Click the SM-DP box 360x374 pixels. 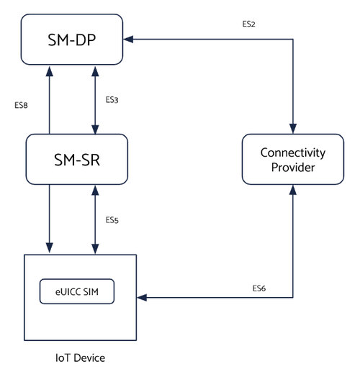click(72, 40)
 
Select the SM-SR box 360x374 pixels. click(77, 159)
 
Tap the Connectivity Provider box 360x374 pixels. click(293, 159)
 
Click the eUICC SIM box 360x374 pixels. click(77, 291)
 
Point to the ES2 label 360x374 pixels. click(248, 24)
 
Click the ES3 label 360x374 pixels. click(112, 100)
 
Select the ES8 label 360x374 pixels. click(21, 105)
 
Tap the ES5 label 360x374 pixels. click(112, 220)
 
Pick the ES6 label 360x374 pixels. click(259, 288)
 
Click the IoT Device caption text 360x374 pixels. click(80, 358)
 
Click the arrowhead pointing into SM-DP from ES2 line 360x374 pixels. click(128, 39)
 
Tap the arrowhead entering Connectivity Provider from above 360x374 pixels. click(293, 129)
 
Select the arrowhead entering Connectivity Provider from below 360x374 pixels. click(293, 190)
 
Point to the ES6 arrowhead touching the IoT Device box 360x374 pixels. click(142, 298)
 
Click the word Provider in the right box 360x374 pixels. click(293, 168)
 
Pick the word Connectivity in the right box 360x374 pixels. click(293, 153)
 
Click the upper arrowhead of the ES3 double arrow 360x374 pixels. click(95, 71)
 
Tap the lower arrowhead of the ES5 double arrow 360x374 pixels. click(95, 249)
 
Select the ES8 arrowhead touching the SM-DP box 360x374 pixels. click(50, 71)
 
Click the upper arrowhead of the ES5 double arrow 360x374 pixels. click(95, 190)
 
